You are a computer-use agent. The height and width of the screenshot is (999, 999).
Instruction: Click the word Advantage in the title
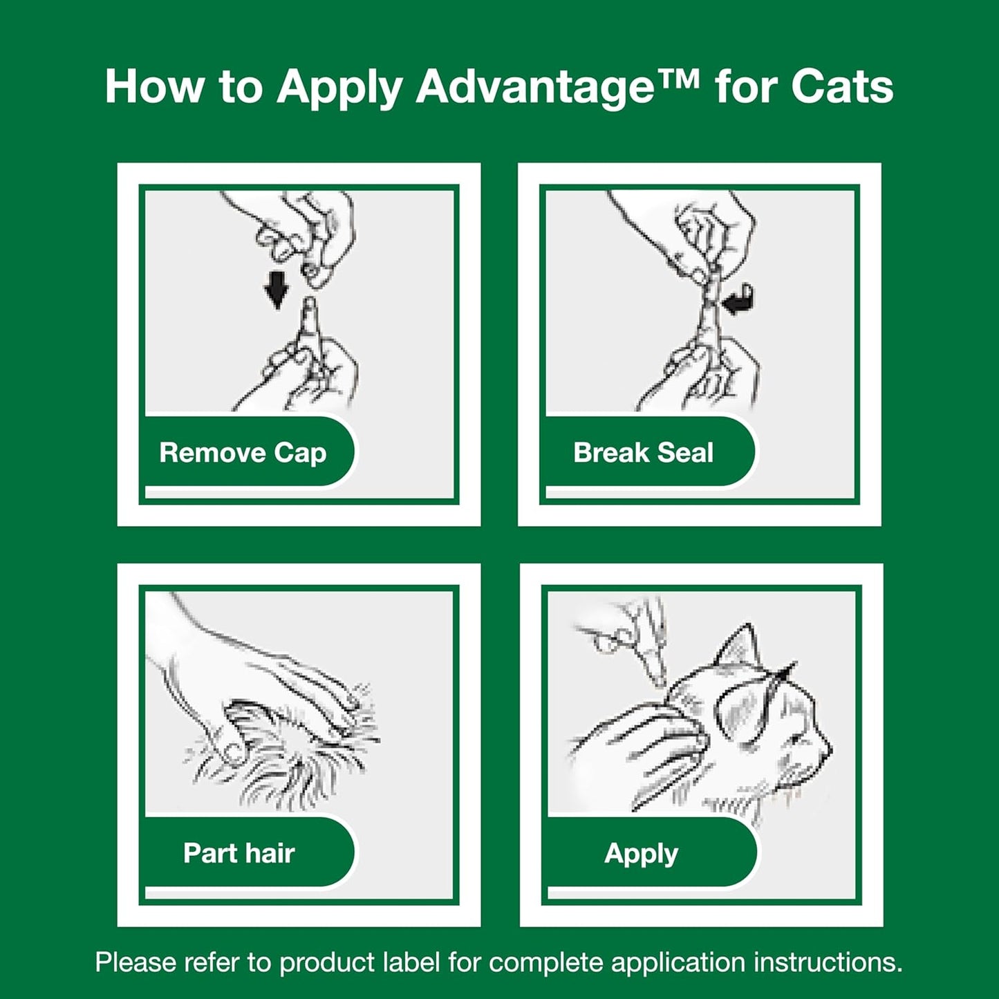[x=534, y=88]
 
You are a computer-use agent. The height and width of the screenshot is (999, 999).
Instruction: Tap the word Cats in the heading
[x=841, y=88]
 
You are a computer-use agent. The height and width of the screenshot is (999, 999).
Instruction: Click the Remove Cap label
[x=243, y=453]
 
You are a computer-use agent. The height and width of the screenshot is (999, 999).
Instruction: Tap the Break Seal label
[x=643, y=453]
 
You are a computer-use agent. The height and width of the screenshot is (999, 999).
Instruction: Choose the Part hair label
[x=239, y=853]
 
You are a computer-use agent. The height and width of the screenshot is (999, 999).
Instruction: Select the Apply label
[x=641, y=854]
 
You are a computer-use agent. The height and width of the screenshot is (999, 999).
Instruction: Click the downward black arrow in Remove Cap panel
[x=277, y=289]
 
